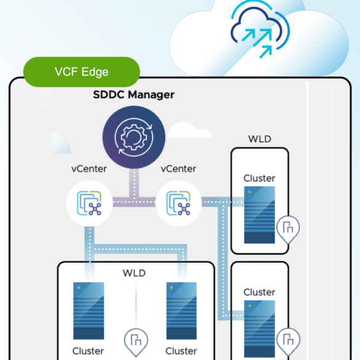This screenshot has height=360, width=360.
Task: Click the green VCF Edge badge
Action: (81, 72)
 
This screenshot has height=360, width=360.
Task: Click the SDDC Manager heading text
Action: (134, 95)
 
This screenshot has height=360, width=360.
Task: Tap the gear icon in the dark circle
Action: (134, 137)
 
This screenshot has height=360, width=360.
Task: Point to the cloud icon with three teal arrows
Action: (260, 29)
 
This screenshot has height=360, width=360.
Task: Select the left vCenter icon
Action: (89, 203)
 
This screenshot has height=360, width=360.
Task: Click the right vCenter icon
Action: (178, 203)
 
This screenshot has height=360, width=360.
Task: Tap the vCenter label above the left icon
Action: (89, 169)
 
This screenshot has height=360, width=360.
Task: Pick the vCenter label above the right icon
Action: (178, 169)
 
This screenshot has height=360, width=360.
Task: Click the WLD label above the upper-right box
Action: (260, 139)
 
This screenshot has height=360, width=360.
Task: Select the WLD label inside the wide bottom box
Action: (134, 273)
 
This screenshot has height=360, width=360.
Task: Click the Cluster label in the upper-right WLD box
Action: (259, 178)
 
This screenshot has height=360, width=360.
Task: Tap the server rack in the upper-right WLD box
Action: (260, 215)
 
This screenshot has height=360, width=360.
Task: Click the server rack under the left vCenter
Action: (89, 311)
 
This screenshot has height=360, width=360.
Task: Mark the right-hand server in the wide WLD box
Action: (182, 311)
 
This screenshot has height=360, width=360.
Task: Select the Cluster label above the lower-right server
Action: (259, 292)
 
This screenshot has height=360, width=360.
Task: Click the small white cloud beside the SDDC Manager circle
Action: (190, 130)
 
